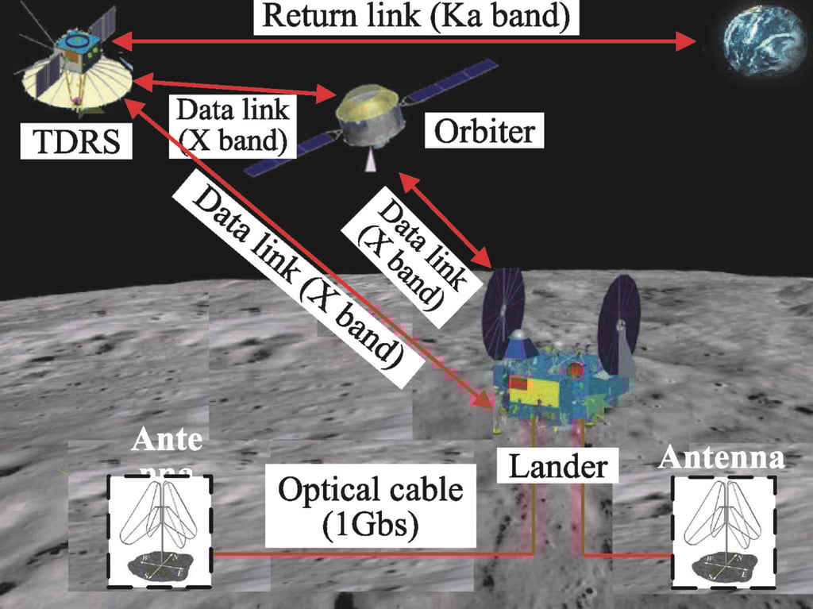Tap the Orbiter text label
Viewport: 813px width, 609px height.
(484, 130)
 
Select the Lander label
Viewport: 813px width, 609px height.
(558, 466)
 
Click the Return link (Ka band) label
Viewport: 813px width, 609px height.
(416, 17)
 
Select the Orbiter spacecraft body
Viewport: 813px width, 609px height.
(367, 119)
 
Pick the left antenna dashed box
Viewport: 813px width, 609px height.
(160, 530)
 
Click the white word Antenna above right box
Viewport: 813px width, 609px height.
(722, 457)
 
